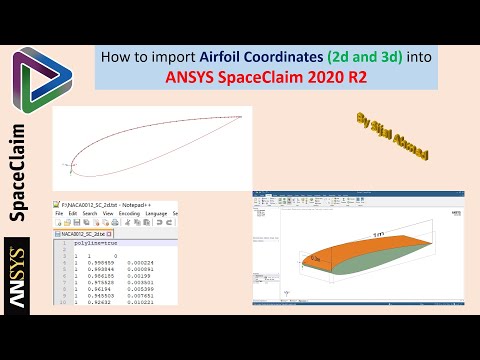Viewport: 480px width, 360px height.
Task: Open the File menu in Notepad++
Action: pos(59,214)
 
